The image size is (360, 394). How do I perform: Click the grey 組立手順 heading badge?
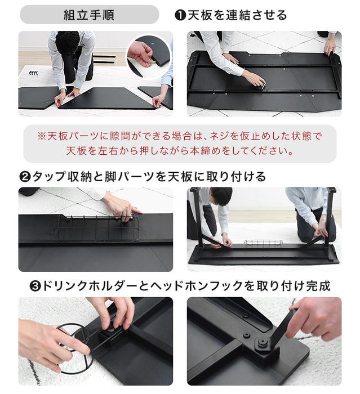coord(89,15)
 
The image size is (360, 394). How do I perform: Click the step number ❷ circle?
coord(25,177)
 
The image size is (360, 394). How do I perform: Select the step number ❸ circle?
coord(35,286)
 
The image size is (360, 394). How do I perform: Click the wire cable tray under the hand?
coord(96,229)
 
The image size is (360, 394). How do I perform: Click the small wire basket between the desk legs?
coord(264,244)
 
